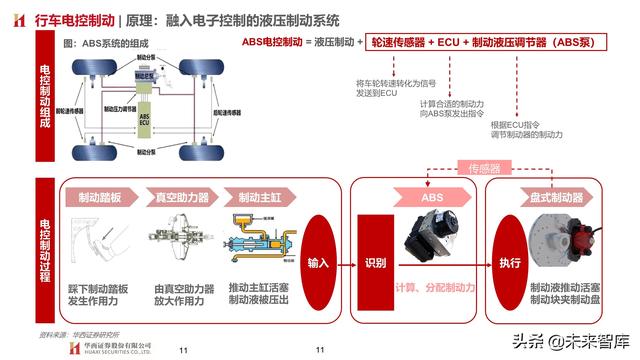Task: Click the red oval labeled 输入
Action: click(319, 263)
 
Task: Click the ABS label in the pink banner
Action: click(432, 197)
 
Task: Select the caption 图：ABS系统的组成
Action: click(104, 44)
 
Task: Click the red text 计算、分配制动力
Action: click(434, 289)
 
